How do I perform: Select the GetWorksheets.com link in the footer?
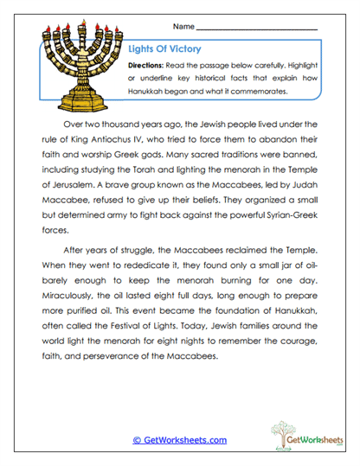(x=179, y=440)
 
